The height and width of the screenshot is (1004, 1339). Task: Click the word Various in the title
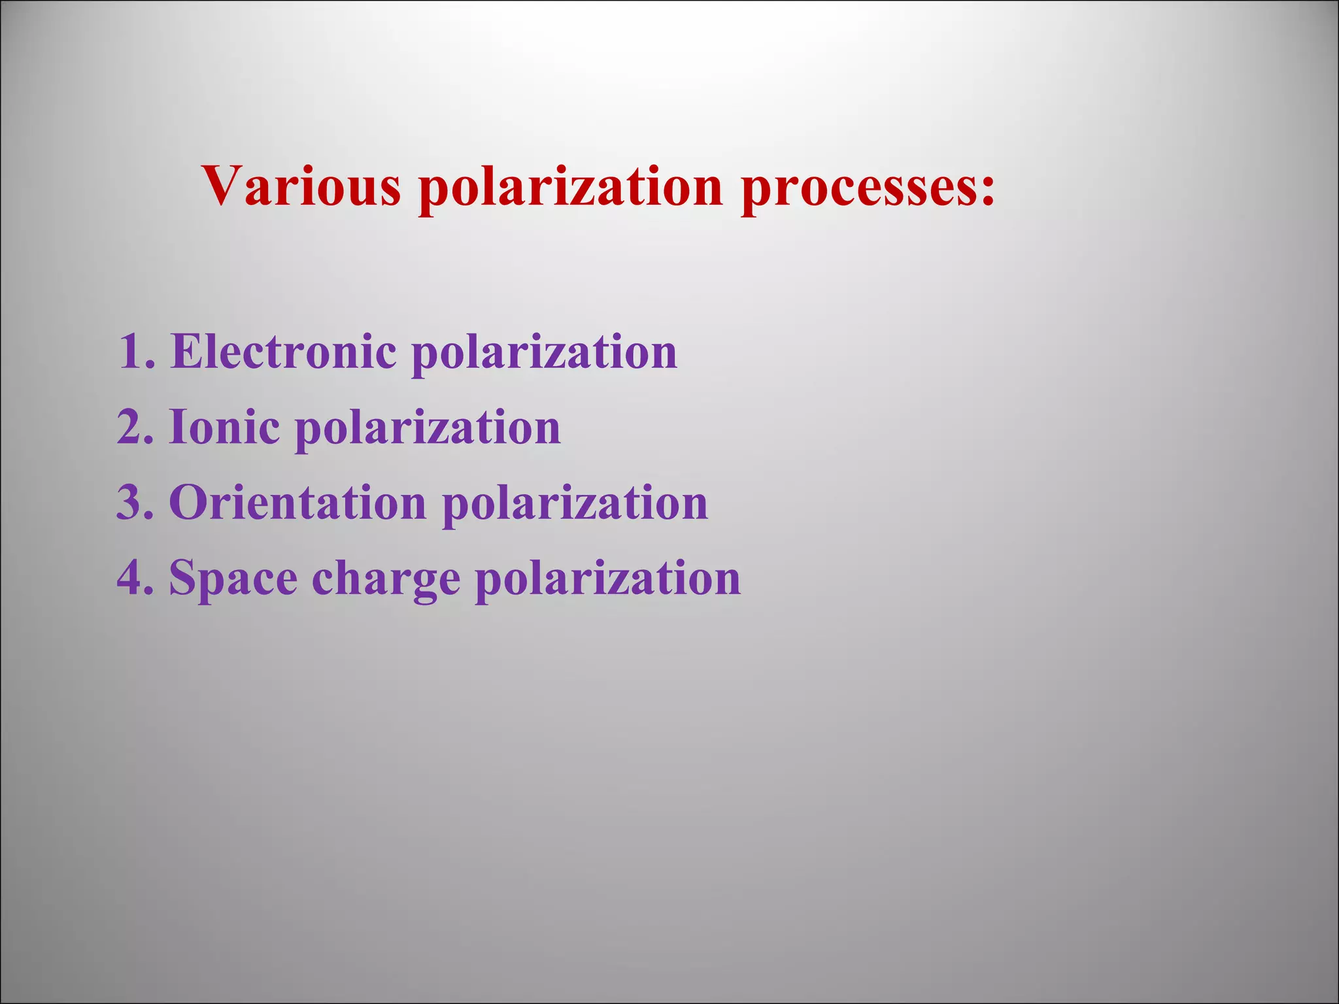[x=301, y=186]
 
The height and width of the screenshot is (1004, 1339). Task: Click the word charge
[x=386, y=580]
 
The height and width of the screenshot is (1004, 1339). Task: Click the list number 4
[x=130, y=578]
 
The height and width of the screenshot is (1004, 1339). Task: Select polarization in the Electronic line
[x=544, y=354]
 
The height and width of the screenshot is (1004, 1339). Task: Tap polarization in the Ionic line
[x=428, y=430]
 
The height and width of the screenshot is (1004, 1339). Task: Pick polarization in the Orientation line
[x=575, y=505]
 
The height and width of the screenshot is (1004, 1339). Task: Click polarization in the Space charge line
[x=607, y=580]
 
